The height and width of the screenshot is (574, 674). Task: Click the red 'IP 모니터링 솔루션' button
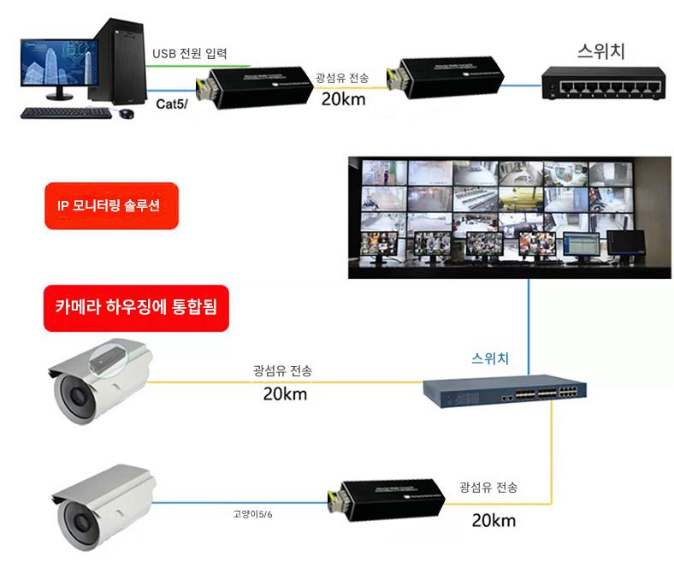[x=110, y=206]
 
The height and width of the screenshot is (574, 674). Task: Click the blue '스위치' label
[x=490, y=358]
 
